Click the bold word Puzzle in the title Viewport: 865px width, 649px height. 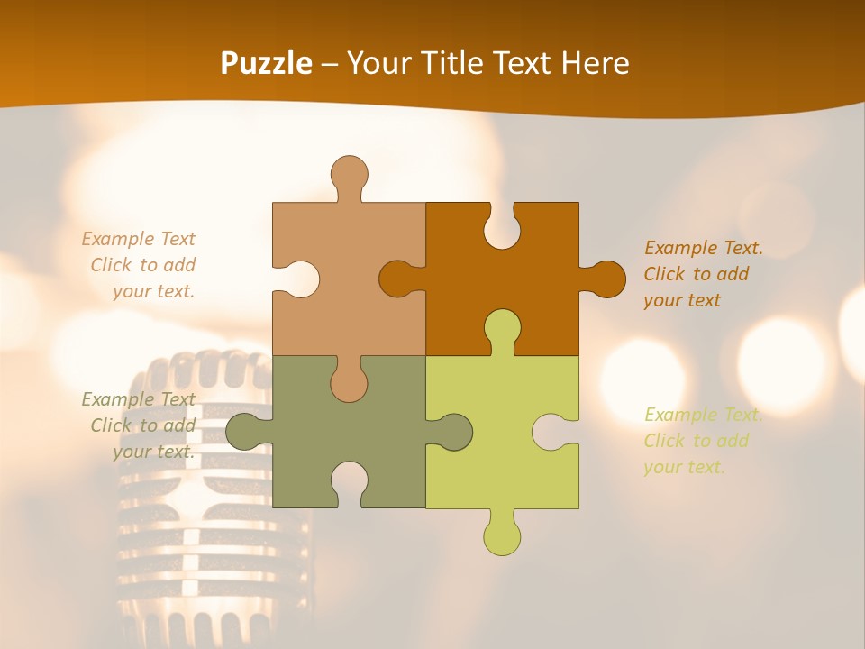click(x=267, y=63)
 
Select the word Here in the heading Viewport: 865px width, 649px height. click(x=595, y=63)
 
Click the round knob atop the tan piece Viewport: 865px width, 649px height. click(x=349, y=173)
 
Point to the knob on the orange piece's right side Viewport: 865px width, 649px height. click(x=605, y=279)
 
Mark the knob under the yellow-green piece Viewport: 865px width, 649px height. click(x=502, y=535)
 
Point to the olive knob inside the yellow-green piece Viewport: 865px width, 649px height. click(x=453, y=431)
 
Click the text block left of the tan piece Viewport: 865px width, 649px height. click(x=140, y=265)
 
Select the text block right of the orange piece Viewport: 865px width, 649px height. click(x=703, y=274)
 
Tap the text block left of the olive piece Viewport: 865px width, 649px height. click(x=140, y=425)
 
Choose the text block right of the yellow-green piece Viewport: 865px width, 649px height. click(x=703, y=441)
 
